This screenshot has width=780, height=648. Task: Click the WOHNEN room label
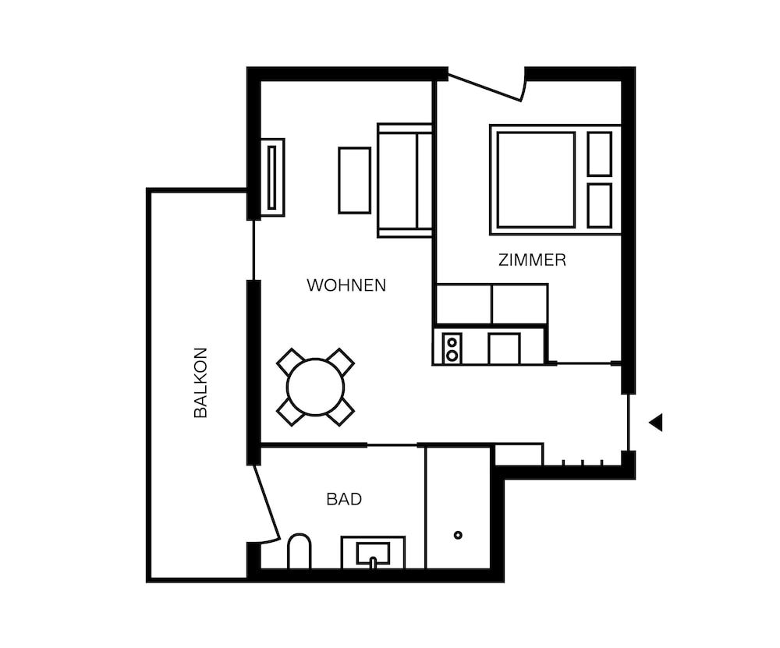346,285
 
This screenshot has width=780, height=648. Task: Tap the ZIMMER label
532,260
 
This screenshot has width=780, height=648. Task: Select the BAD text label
344,499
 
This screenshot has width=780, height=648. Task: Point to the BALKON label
200,383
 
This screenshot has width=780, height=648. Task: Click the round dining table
315,387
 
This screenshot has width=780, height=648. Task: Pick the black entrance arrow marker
656,423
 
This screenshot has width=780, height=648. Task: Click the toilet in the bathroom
299,551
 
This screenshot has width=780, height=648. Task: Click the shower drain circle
458,535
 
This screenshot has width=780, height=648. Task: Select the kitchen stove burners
452,348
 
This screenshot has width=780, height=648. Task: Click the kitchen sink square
504,349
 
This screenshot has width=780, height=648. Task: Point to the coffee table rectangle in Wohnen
355,180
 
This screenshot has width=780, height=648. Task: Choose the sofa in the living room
404,180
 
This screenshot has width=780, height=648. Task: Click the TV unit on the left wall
272,177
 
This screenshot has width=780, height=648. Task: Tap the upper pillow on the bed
599,154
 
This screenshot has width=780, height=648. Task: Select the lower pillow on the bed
599,206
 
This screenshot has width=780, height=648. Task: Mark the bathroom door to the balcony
266,503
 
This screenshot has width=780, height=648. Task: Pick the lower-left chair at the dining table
290,413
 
